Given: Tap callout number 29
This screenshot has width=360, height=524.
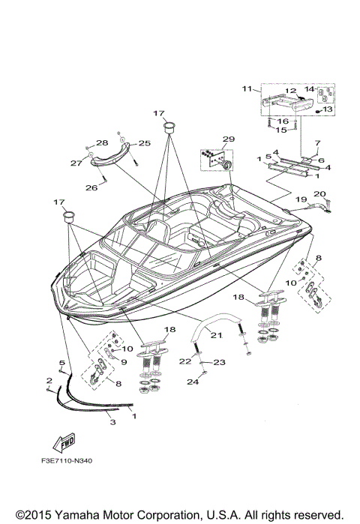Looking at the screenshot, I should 228,139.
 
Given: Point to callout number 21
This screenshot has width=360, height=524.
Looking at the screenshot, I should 217,335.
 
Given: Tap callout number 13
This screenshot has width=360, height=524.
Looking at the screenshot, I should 328,109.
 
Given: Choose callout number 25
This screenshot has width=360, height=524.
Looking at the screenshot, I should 144,142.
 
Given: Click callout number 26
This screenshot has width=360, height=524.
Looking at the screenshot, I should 91,187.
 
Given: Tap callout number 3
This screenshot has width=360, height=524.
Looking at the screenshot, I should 112,424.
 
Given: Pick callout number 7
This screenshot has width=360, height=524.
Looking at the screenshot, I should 317,142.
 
